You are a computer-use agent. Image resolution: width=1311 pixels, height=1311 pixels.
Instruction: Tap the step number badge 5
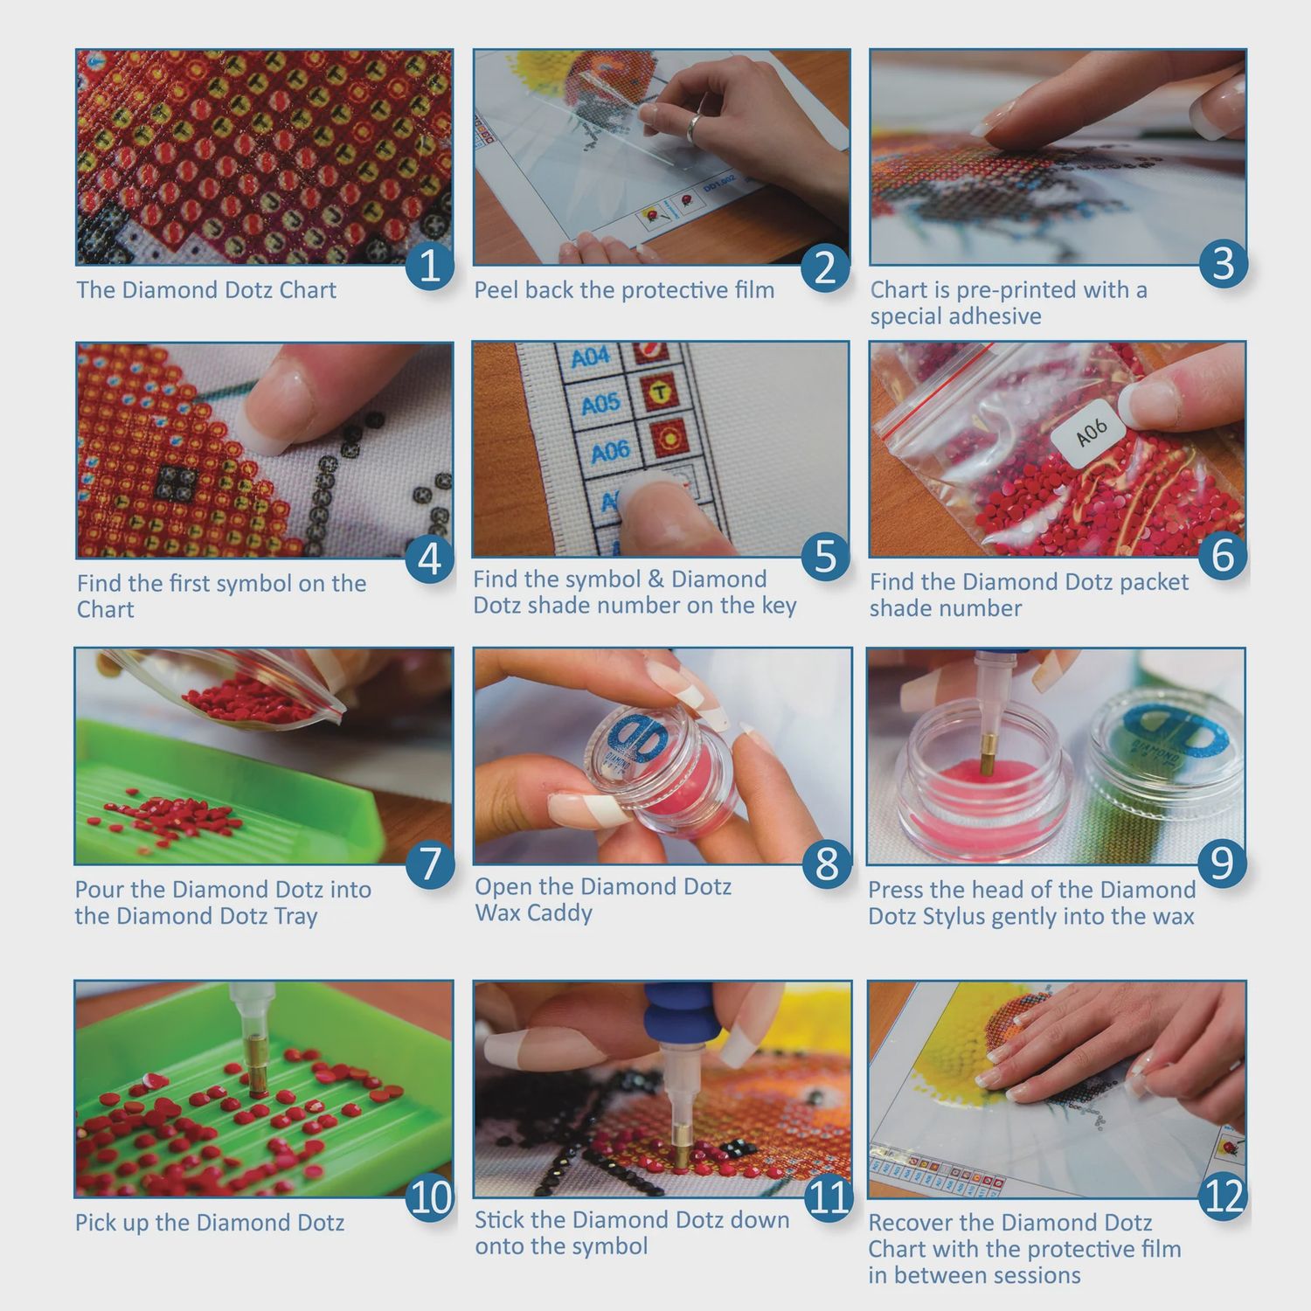click(x=825, y=557)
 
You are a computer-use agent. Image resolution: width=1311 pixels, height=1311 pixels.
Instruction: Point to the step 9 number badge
click(x=1222, y=864)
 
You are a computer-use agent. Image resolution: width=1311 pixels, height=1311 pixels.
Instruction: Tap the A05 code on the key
click(x=600, y=405)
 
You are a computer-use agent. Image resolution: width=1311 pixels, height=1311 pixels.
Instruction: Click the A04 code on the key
click(x=590, y=357)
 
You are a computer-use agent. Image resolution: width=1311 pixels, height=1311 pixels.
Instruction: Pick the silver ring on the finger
click(x=694, y=128)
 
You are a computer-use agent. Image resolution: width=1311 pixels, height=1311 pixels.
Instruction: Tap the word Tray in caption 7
click(x=295, y=917)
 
